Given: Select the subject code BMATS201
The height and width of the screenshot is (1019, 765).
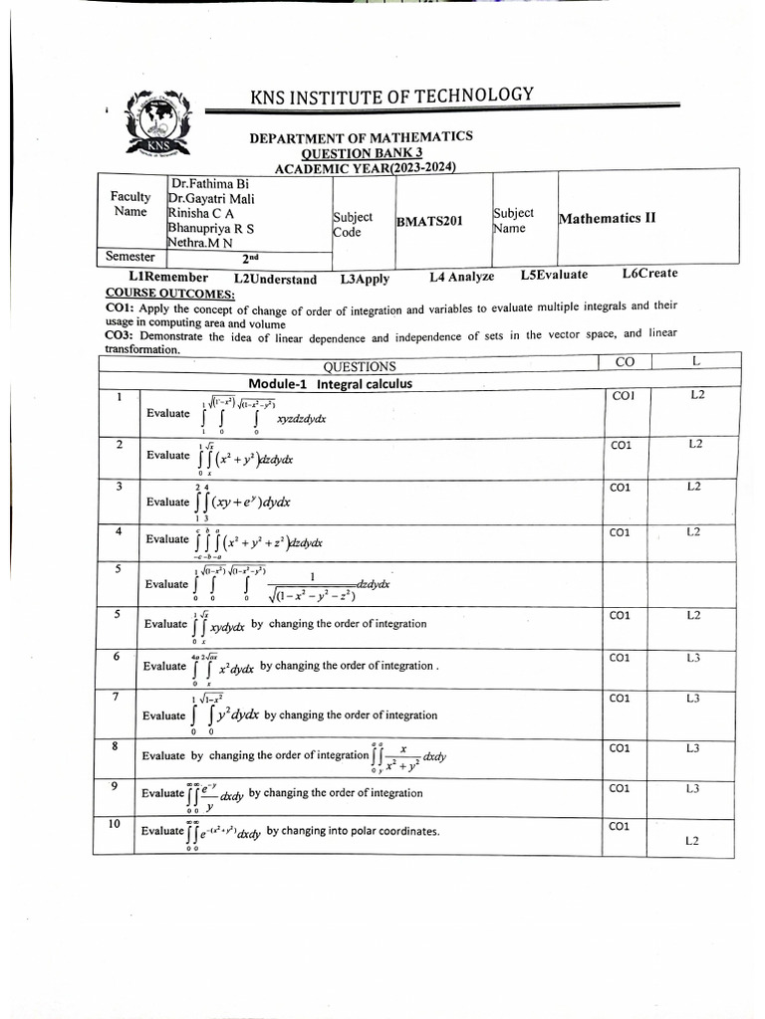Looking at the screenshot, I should (x=429, y=222).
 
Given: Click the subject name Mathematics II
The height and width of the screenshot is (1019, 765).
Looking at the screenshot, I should (x=608, y=218).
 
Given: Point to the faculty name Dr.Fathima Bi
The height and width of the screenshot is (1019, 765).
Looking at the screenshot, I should (x=208, y=184).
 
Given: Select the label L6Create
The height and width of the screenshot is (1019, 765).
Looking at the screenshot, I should (x=649, y=274).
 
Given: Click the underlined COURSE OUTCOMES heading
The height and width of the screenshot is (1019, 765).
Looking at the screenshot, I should (x=169, y=294).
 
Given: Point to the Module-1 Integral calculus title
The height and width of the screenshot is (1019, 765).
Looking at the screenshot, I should (x=330, y=383).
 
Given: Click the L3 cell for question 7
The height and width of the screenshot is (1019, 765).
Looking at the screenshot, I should (x=692, y=699).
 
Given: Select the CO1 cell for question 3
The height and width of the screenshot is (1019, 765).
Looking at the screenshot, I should (x=621, y=488).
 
